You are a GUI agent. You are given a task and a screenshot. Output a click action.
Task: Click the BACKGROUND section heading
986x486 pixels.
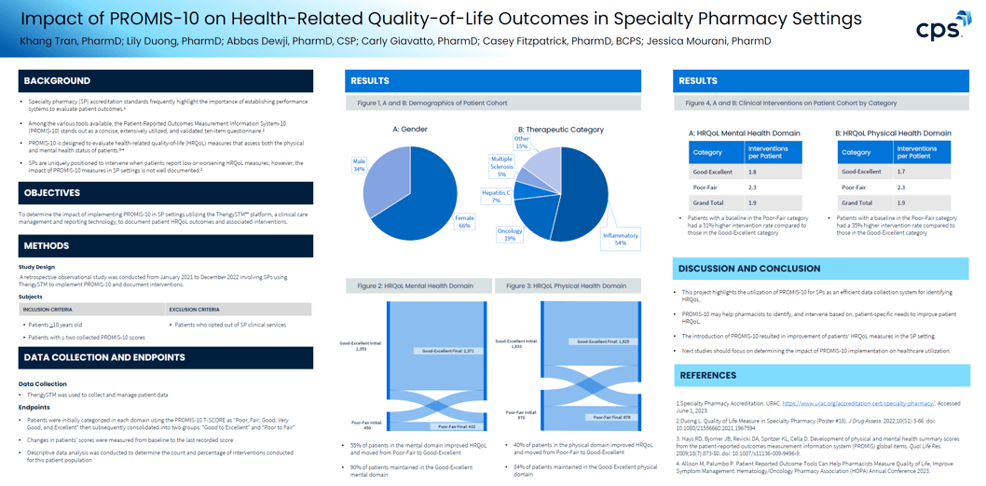57,81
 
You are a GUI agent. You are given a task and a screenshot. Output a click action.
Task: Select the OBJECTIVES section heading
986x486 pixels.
52,193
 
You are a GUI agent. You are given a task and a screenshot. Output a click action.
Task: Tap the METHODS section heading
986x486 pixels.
47,246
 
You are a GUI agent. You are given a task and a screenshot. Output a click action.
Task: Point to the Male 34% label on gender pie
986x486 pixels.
359,166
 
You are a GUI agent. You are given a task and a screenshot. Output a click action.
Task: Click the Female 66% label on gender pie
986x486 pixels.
464,222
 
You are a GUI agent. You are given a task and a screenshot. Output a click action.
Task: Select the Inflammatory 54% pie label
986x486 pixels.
620,239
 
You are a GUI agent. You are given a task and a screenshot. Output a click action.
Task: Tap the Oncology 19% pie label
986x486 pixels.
510,235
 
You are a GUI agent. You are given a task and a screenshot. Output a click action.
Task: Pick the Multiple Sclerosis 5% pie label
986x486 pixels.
501,166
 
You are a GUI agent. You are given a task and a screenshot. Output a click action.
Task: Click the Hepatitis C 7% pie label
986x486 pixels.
496,196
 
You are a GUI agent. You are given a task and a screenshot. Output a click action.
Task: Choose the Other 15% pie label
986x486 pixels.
521,143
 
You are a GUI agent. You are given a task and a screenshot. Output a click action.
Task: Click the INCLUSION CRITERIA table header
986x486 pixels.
48,310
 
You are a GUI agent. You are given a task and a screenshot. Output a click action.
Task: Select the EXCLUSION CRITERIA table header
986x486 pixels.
194,310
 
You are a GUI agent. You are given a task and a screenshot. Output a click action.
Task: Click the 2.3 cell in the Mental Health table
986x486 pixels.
753,187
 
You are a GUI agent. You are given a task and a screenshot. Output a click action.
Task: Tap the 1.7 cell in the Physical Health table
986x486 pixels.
901,172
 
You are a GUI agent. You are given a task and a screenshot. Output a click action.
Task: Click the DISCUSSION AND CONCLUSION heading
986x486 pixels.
749,269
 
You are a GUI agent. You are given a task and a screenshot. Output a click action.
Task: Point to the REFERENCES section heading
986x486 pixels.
708,375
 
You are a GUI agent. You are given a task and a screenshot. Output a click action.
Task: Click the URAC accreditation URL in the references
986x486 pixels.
858,404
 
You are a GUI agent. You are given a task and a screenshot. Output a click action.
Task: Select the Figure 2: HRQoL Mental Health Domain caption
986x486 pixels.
416,286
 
